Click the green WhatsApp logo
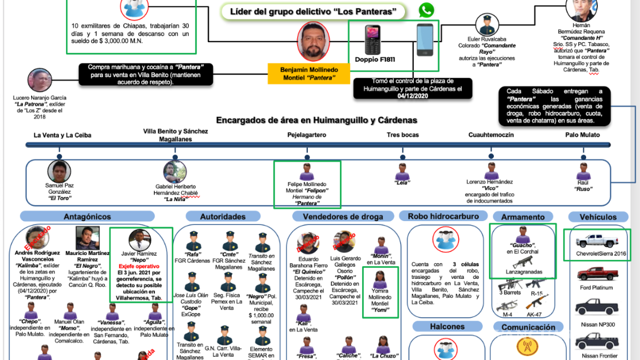(x=426, y=11)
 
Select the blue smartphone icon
(x=425, y=40)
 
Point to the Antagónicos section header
(x=87, y=217)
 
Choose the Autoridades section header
(x=223, y=217)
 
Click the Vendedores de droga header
(x=339, y=217)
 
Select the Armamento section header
(x=522, y=217)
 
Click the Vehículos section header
(x=598, y=217)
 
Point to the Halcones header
(x=447, y=327)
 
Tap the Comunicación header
(x=528, y=327)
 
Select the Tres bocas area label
(x=403, y=135)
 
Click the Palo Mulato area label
(x=583, y=135)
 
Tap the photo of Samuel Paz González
(x=59, y=171)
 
